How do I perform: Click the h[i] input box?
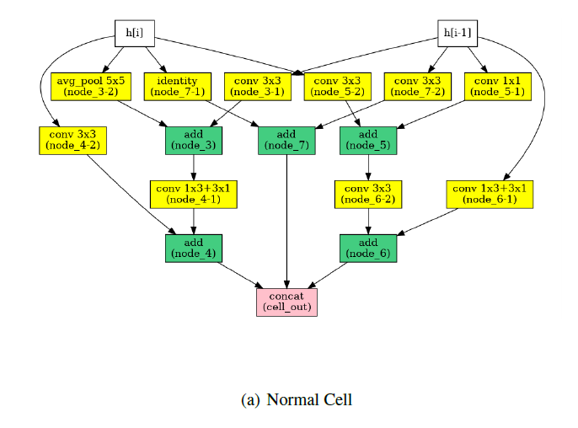point(135,34)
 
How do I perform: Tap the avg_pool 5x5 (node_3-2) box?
point(90,87)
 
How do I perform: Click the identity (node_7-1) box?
point(177,87)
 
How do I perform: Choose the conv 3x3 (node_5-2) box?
point(335,87)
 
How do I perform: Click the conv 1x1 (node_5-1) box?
point(497,87)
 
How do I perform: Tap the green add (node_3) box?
point(193,140)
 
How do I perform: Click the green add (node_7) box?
point(286,140)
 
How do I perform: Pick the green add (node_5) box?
point(367,140)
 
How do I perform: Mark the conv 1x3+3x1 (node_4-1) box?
point(193,194)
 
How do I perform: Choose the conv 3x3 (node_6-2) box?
point(367,194)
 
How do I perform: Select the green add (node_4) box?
point(193,248)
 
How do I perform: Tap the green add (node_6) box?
point(367,248)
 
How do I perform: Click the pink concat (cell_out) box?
point(286,302)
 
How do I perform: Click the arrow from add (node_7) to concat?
point(286,219)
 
